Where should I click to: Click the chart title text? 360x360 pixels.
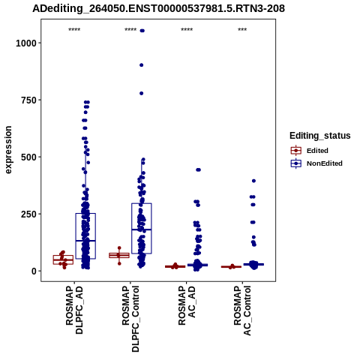pos(158,9)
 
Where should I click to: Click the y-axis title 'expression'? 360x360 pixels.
pos(8,150)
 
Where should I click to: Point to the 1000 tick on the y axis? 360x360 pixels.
pos(26,43)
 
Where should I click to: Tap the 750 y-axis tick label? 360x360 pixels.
pos(28,100)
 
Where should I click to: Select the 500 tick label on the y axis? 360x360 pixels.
pos(28,157)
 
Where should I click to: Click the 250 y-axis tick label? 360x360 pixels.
pos(28,214)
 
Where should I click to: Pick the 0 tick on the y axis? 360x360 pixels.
pos(34,271)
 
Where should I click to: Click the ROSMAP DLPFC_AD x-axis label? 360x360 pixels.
pos(74,310)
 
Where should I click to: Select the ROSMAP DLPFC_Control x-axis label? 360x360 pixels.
pos(130,319)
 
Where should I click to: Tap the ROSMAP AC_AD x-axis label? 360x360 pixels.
pos(187,305)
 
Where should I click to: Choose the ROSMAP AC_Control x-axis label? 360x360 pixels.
pos(242,310)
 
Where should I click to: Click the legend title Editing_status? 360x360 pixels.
pos(320,136)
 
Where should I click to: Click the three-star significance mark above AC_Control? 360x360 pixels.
pos(242,30)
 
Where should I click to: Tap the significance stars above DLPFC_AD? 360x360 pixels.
pos(74,30)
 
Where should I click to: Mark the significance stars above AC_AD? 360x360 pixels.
pos(187,30)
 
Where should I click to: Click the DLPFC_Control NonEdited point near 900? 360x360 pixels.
pos(142,65)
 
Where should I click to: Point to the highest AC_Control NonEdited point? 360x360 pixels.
pos(253,181)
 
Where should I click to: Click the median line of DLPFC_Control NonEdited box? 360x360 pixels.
pos(142,229)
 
